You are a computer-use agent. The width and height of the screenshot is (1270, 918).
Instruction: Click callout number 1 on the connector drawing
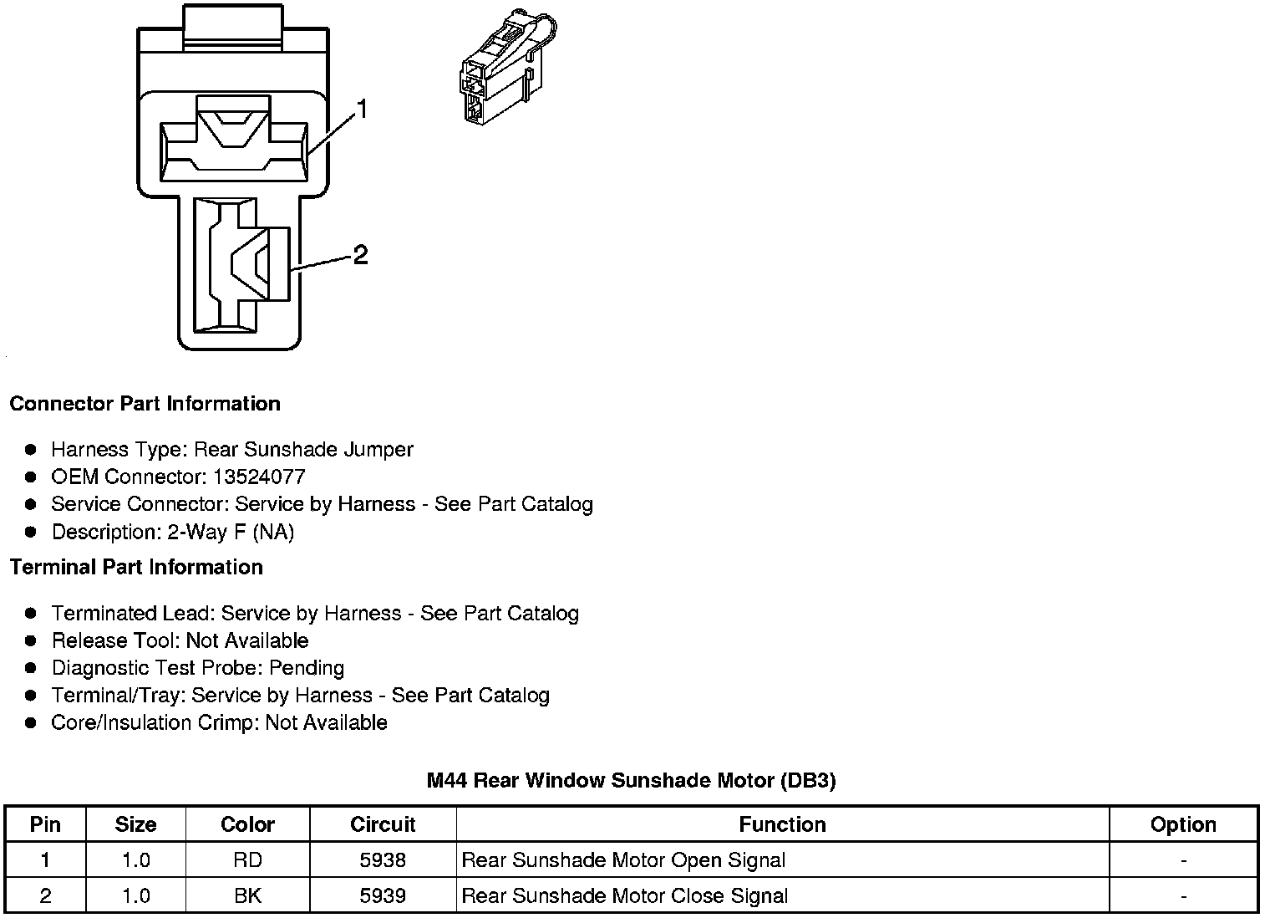click(362, 110)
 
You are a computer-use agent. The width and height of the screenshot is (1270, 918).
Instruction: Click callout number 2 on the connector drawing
click(360, 254)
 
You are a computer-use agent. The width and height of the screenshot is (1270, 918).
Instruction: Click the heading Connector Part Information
click(145, 404)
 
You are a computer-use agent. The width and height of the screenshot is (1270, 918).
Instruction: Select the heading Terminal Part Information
click(136, 567)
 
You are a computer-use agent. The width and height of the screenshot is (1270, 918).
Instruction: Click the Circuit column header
click(383, 824)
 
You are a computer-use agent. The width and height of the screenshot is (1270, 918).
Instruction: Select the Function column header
click(782, 824)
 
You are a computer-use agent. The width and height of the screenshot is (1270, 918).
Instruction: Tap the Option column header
click(1183, 824)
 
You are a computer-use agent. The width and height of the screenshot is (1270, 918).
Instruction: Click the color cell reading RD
click(247, 859)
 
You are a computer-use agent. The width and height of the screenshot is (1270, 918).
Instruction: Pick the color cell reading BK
click(247, 895)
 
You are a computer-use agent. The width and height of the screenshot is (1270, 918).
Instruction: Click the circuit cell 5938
click(383, 859)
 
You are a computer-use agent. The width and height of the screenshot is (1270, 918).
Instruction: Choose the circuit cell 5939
click(383, 895)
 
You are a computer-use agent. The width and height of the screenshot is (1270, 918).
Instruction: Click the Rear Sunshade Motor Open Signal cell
click(623, 859)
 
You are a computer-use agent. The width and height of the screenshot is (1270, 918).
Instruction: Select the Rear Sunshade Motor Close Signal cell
click(624, 895)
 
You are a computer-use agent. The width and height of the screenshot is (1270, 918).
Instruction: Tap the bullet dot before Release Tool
click(31, 640)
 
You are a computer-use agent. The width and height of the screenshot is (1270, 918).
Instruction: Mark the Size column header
click(135, 824)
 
